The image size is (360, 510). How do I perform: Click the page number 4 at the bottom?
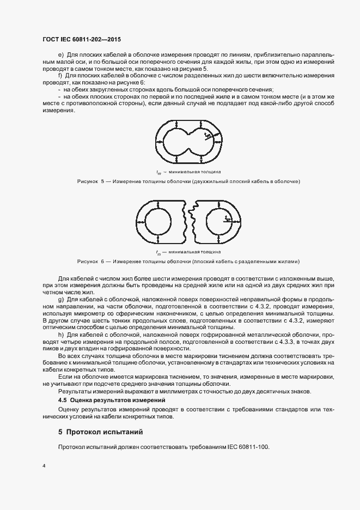tap(44, 466)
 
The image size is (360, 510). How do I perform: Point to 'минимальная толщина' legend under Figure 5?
tap(194, 171)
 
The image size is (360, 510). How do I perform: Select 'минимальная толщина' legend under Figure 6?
tap(194, 252)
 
